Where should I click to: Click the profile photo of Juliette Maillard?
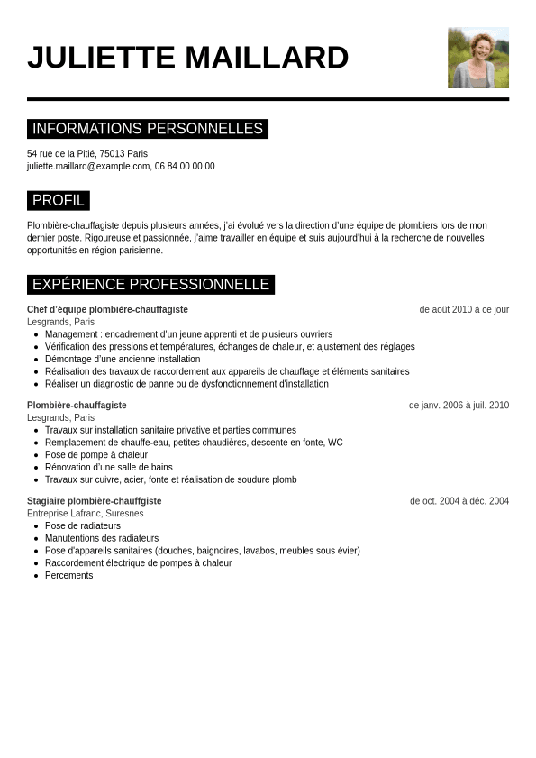click(x=477, y=58)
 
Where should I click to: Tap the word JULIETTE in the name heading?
click(x=101, y=58)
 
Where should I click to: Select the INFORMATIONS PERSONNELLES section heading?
click(x=148, y=129)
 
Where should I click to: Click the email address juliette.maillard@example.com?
click(x=88, y=167)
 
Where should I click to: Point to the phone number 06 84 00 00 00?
click(x=185, y=167)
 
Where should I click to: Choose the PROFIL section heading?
click(x=59, y=200)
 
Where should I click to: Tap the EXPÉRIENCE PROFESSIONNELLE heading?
click(x=150, y=285)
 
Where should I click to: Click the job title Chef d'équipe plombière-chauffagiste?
click(x=107, y=309)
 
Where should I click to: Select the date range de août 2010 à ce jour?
click(x=464, y=309)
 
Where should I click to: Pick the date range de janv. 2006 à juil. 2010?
click(x=459, y=406)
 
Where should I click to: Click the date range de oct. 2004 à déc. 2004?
click(x=459, y=501)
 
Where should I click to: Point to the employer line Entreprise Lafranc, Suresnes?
click(x=86, y=514)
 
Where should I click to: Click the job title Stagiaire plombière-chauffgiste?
click(x=95, y=501)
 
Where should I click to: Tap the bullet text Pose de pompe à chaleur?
click(x=96, y=455)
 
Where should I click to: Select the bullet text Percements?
click(x=69, y=576)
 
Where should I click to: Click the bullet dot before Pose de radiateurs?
click(x=36, y=526)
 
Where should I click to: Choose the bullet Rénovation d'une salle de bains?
click(x=109, y=468)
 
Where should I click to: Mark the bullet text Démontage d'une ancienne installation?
click(x=123, y=360)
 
